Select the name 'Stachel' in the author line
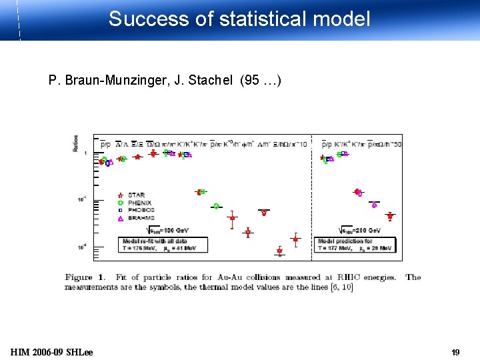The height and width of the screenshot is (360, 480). (x=210, y=81)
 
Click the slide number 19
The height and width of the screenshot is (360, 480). (x=456, y=352)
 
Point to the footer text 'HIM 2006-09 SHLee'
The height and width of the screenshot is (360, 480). (x=52, y=352)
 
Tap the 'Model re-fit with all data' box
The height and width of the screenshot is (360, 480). (x=164, y=245)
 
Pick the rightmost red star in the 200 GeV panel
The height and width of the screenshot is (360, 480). (x=390, y=216)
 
